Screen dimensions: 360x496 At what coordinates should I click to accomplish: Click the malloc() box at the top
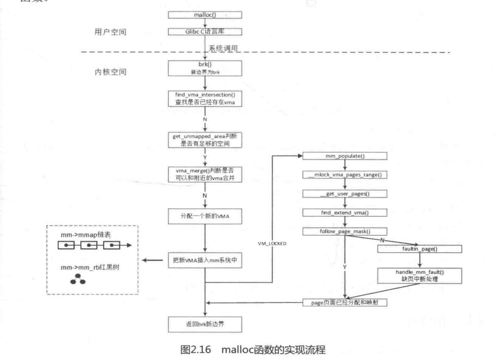click(x=205, y=15)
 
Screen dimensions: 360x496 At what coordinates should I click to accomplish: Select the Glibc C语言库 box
click(x=205, y=31)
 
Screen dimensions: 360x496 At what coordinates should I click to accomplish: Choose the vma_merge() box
click(x=205, y=175)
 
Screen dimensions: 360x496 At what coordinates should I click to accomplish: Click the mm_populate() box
click(x=344, y=155)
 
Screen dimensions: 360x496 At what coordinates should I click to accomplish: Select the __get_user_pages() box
click(x=344, y=193)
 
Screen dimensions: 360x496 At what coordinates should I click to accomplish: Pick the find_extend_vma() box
click(x=344, y=212)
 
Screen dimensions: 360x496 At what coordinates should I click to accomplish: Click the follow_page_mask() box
click(x=344, y=231)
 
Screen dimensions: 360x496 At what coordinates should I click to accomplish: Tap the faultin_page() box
click(x=419, y=249)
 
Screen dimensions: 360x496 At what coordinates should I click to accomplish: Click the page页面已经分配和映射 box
click(x=344, y=303)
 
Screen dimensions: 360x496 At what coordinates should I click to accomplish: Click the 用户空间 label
click(x=108, y=32)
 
